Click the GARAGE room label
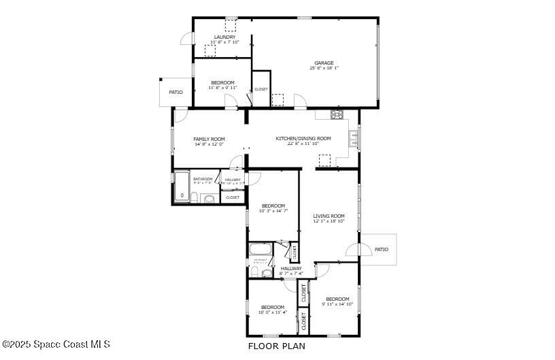pyautogui.click(x=324, y=63)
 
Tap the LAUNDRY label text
pyautogui.click(x=224, y=37)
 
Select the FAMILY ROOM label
pyautogui.click(x=209, y=139)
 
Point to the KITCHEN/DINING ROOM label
pyautogui.click(x=303, y=138)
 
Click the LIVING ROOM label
pyautogui.click(x=329, y=216)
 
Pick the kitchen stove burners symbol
pyautogui.click(x=337, y=114)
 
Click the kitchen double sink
pyautogui.click(x=354, y=139)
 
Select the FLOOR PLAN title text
pyautogui.click(x=276, y=346)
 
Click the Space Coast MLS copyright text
pyautogui.click(x=56, y=344)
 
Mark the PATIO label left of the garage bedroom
pyautogui.click(x=176, y=92)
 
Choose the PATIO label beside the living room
pyautogui.click(x=382, y=249)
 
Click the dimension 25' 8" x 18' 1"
pyautogui.click(x=324, y=68)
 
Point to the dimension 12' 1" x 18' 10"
pyautogui.click(x=329, y=221)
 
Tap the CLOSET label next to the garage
pyautogui.click(x=261, y=89)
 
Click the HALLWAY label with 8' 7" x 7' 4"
pyautogui.click(x=291, y=268)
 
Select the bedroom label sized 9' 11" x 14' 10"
pyautogui.click(x=337, y=299)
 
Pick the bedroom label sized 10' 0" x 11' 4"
pyautogui.click(x=273, y=307)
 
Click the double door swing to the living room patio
pyautogui.click(x=352, y=249)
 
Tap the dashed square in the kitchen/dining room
pyautogui.click(x=324, y=160)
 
